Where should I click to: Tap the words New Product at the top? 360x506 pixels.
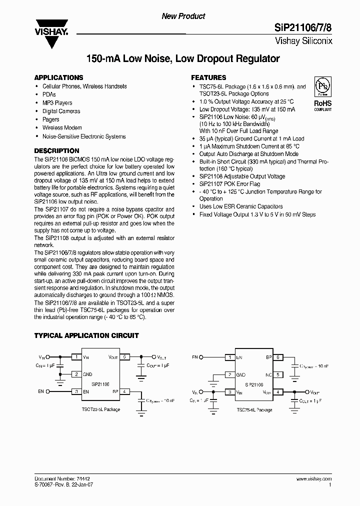pos(183,16)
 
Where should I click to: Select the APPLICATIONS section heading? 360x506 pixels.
pos(58,77)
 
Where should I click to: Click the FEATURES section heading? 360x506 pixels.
pos(209,77)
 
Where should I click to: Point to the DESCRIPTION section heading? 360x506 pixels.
pos(56,150)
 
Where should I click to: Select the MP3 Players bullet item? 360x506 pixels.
pos(57,102)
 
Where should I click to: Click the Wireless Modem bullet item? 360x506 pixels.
pos(62,127)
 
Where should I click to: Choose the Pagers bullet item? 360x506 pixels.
pos(50,119)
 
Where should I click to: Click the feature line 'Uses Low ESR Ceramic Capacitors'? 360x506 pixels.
pos(241,206)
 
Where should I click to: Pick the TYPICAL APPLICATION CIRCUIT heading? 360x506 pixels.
pos(86,335)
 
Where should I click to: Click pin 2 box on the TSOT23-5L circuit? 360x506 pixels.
pos(76,374)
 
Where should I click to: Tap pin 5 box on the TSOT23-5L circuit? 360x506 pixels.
pos(125,357)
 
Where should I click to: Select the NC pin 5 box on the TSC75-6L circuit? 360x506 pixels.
pos(278,374)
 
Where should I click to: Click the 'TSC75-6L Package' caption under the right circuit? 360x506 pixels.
pos(254,410)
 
